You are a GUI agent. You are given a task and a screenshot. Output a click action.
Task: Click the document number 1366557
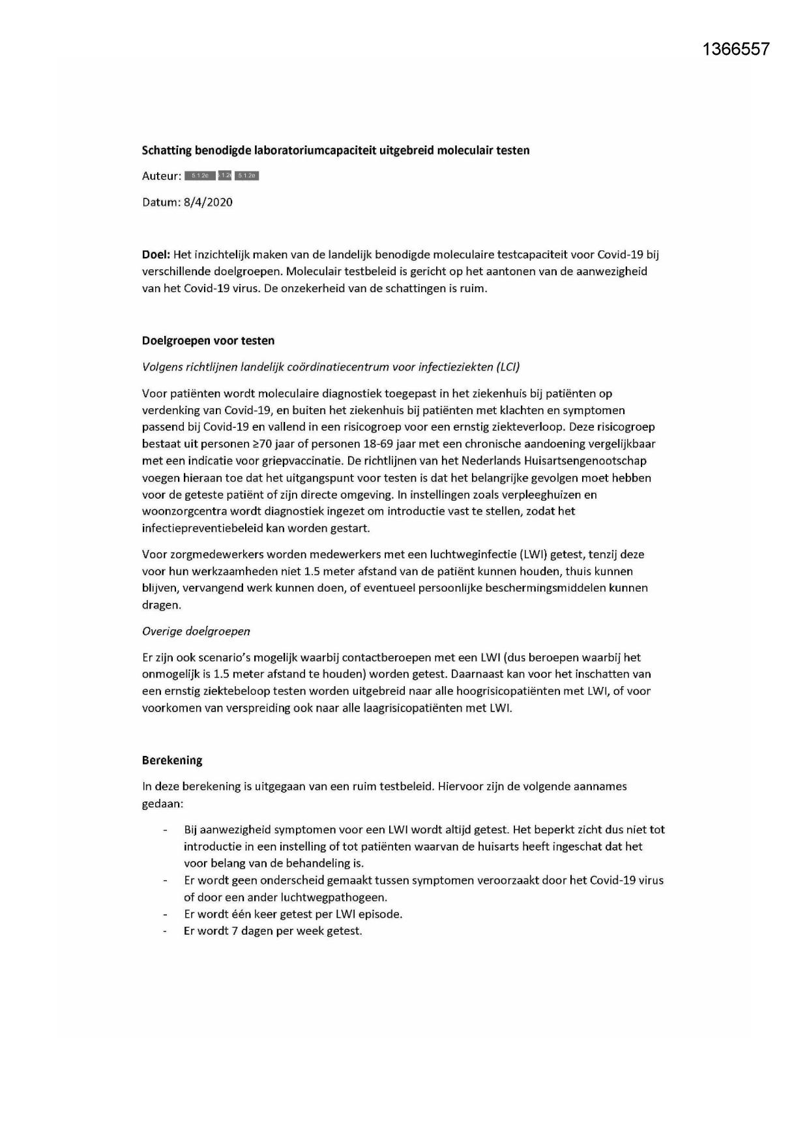point(737,49)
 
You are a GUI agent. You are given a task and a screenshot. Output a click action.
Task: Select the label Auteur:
point(161,176)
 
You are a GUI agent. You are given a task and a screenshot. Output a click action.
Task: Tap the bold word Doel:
point(156,254)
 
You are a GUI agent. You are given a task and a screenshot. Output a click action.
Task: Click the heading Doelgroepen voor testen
point(208,340)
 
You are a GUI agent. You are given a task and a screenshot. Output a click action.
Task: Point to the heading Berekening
point(172,760)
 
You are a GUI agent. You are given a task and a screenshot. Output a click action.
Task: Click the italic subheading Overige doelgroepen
point(196,631)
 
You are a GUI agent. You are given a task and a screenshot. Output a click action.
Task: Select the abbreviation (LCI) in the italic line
point(507,367)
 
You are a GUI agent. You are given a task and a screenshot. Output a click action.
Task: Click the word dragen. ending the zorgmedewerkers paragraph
point(161,605)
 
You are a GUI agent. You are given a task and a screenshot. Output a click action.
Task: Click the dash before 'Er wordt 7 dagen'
point(166,931)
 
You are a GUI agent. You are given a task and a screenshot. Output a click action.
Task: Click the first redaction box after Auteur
point(199,176)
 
